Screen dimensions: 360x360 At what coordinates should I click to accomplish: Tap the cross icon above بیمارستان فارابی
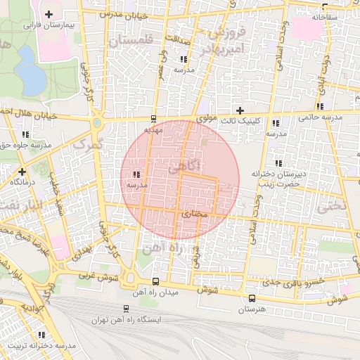click(x=49, y=14)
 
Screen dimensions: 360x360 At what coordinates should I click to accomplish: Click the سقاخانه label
click(x=324, y=15)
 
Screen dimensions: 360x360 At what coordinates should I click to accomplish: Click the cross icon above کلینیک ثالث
click(x=240, y=110)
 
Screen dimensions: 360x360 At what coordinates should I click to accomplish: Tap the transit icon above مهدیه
click(x=154, y=119)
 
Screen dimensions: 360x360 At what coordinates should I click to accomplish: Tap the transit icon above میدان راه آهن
click(x=155, y=281)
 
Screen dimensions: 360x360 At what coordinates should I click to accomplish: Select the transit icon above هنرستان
click(x=252, y=299)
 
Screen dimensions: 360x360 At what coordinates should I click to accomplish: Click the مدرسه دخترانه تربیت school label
click(x=41, y=345)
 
